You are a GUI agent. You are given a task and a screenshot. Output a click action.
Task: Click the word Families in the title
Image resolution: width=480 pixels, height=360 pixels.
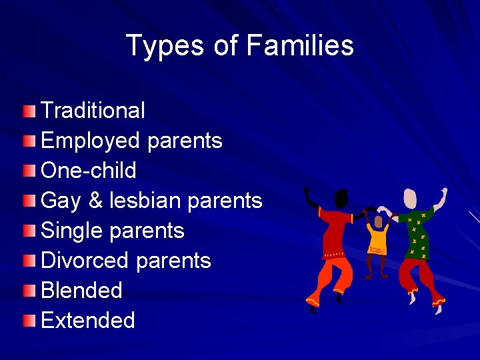[x=300, y=46]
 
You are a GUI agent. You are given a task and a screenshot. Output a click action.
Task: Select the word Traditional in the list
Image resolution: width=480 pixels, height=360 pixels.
[x=93, y=111]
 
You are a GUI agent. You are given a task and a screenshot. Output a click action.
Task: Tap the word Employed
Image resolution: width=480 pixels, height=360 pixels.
[x=91, y=141]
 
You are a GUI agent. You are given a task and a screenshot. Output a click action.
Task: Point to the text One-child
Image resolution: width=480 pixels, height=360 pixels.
[x=89, y=171]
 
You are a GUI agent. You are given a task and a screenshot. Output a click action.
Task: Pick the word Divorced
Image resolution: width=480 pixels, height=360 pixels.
[x=85, y=261]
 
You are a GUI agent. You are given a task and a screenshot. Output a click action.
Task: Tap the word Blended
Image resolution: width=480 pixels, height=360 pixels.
[x=81, y=291]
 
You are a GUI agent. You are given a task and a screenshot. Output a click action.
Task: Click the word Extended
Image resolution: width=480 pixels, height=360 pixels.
[x=88, y=321]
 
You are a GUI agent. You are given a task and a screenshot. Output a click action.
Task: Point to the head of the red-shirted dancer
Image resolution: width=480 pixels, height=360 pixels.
[x=341, y=199]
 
